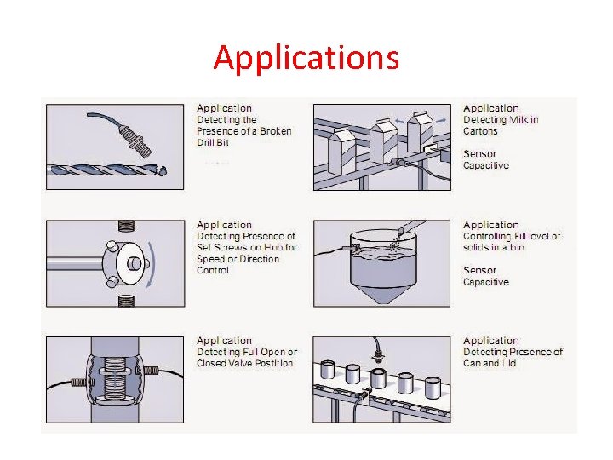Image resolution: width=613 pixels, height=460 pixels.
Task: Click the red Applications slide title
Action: tap(306, 58)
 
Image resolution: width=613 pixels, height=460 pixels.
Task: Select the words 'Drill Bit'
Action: tap(213, 142)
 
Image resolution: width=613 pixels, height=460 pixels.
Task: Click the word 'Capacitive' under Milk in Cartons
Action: tap(485, 165)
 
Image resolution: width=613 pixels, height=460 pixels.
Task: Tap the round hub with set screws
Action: tap(123, 262)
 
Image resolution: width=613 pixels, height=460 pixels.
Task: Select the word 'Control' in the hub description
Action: tap(213, 270)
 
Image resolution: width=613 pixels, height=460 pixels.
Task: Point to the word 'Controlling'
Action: tap(490, 236)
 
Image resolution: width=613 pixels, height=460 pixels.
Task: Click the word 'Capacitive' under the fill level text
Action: tap(485, 282)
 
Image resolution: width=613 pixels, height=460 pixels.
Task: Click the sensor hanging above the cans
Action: tap(375, 350)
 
